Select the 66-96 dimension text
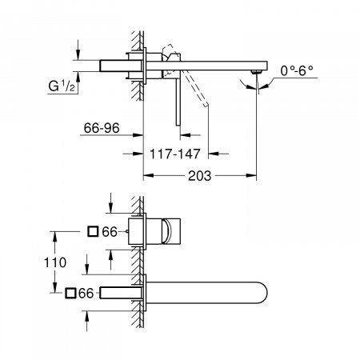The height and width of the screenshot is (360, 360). pyautogui.click(x=102, y=126)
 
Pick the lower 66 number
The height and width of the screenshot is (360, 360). pyautogui.click(x=89, y=293)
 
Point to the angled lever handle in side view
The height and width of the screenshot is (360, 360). pyautogui.click(x=198, y=91)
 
